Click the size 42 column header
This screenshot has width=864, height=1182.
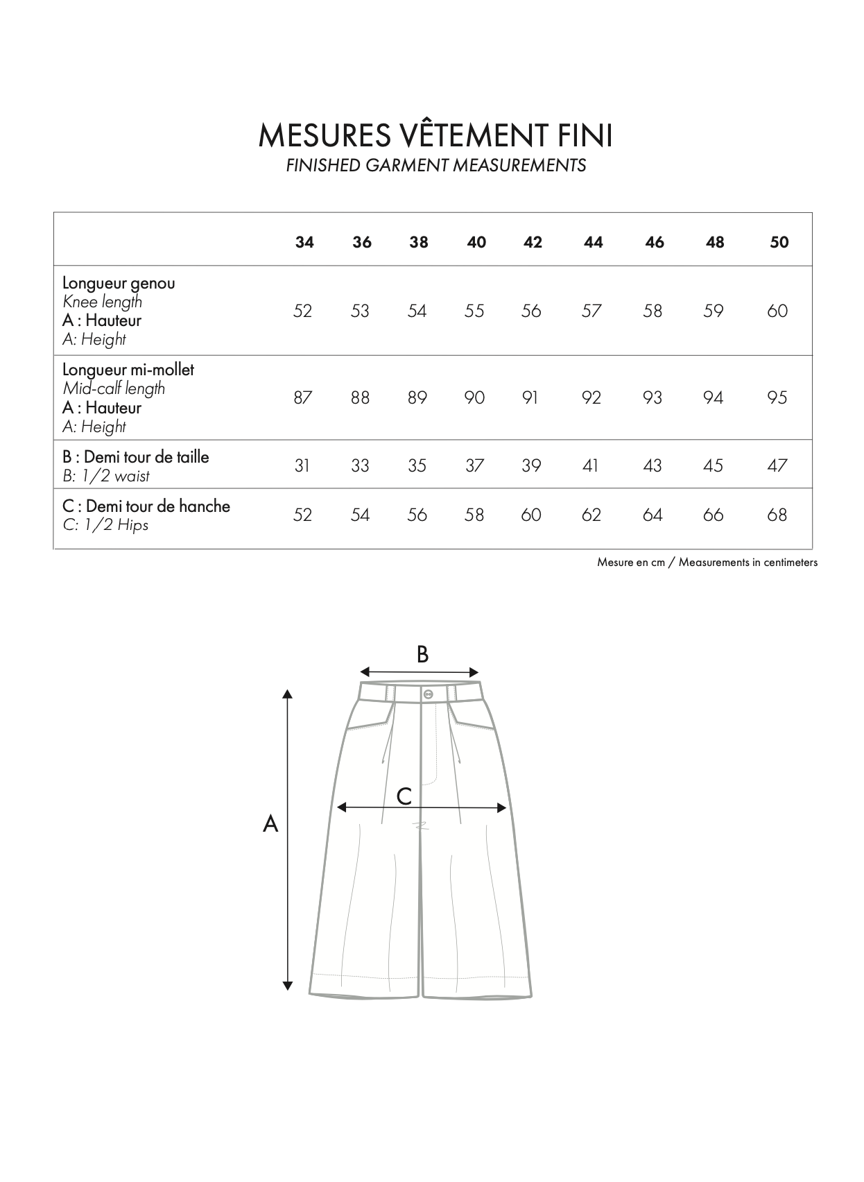tap(533, 242)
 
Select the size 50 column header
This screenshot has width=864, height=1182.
tap(779, 242)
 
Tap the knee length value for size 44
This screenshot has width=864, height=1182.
tap(591, 311)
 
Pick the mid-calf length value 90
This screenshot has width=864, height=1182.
tap(474, 397)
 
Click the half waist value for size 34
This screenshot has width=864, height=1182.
tap(302, 465)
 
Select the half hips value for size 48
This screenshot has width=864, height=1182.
tap(713, 515)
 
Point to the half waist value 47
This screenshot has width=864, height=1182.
tap(777, 465)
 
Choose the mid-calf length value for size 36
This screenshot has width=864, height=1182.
tap(360, 397)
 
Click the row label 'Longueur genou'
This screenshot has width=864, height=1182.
tap(119, 283)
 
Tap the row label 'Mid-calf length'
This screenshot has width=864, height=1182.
tap(114, 388)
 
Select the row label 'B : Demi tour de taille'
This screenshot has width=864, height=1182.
tap(135, 457)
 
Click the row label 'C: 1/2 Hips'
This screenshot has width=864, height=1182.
tap(105, 525)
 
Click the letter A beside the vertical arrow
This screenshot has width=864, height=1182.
tap(270, 824)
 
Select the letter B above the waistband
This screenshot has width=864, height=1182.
tap(422, 654)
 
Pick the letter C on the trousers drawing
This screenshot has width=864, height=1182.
tap(404, 796)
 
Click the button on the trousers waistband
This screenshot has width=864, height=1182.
tap(426, 694)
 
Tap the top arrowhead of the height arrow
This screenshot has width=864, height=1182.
tap(288, 693)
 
